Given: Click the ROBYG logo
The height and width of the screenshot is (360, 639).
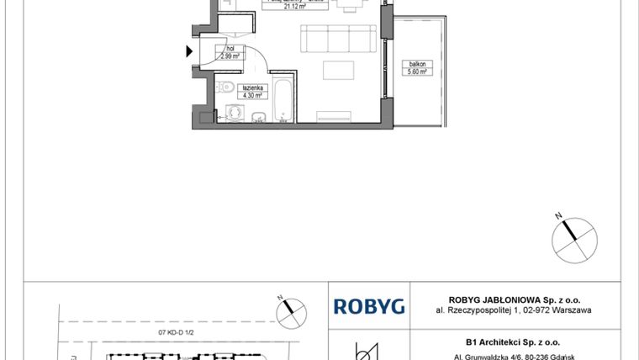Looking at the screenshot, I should point(369,306).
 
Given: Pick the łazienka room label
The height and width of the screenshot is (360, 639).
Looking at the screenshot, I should point(251,87).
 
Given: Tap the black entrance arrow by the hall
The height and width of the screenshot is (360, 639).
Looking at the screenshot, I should point(188,51).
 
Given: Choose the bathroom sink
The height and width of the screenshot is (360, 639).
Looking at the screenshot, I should point(259,117).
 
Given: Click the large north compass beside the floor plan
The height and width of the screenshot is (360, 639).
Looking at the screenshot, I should point(573,236).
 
